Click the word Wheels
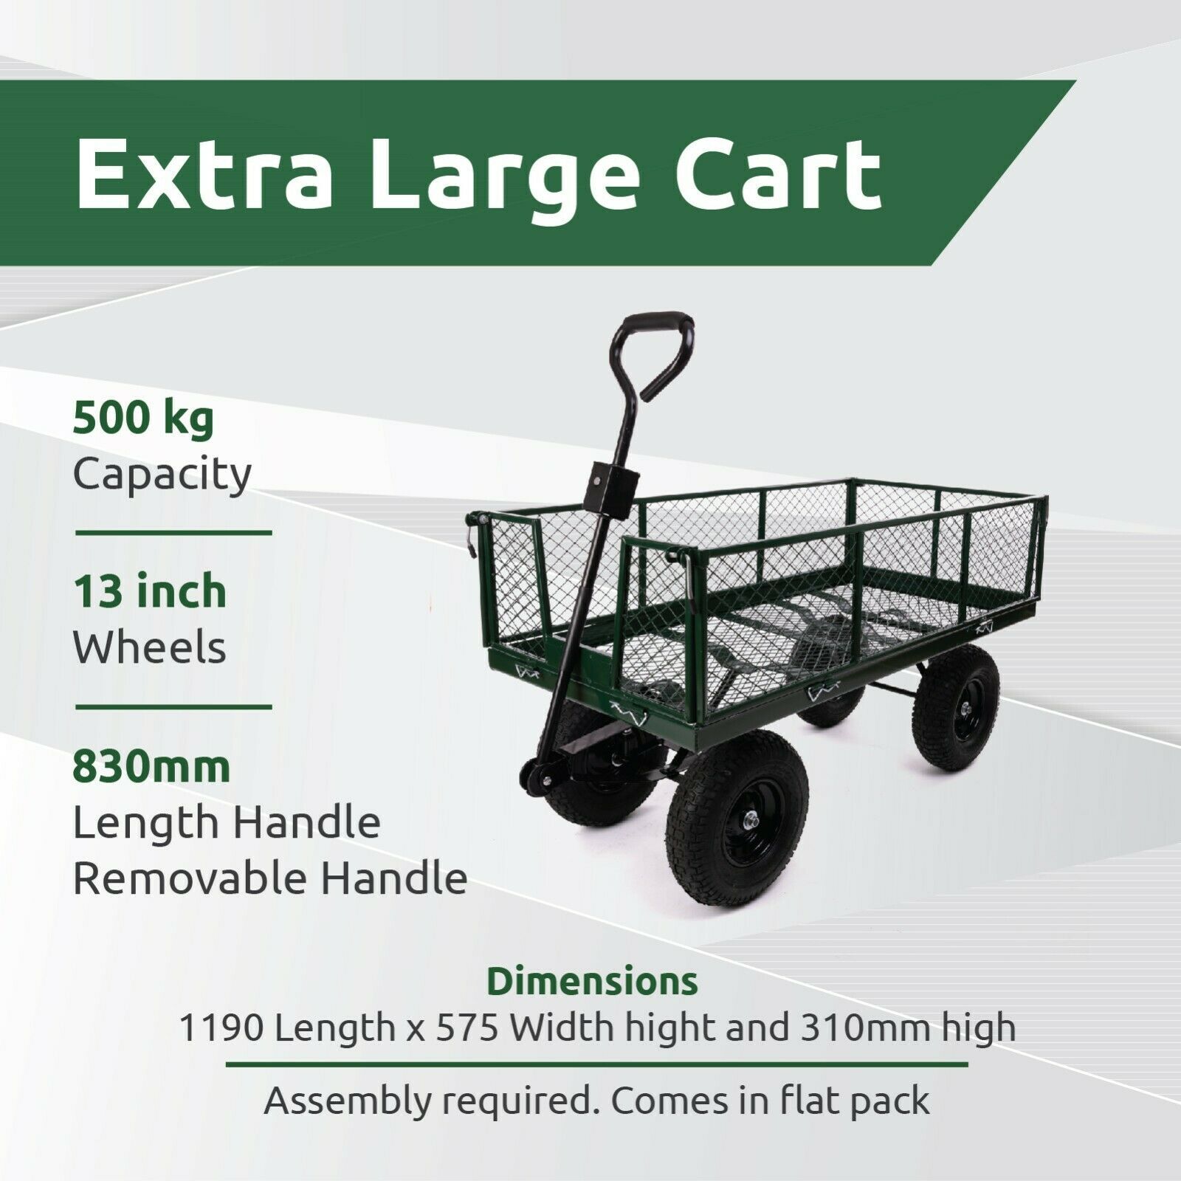tap(149, 647)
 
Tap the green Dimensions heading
tap(592, 982)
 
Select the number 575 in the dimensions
tap(467, 1028)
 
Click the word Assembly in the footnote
tap(346, 1103)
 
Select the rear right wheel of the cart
tap(956, 698)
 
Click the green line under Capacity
tap(173, 532)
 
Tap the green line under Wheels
tap(173, 706)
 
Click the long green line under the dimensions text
tap(596, 1065)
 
